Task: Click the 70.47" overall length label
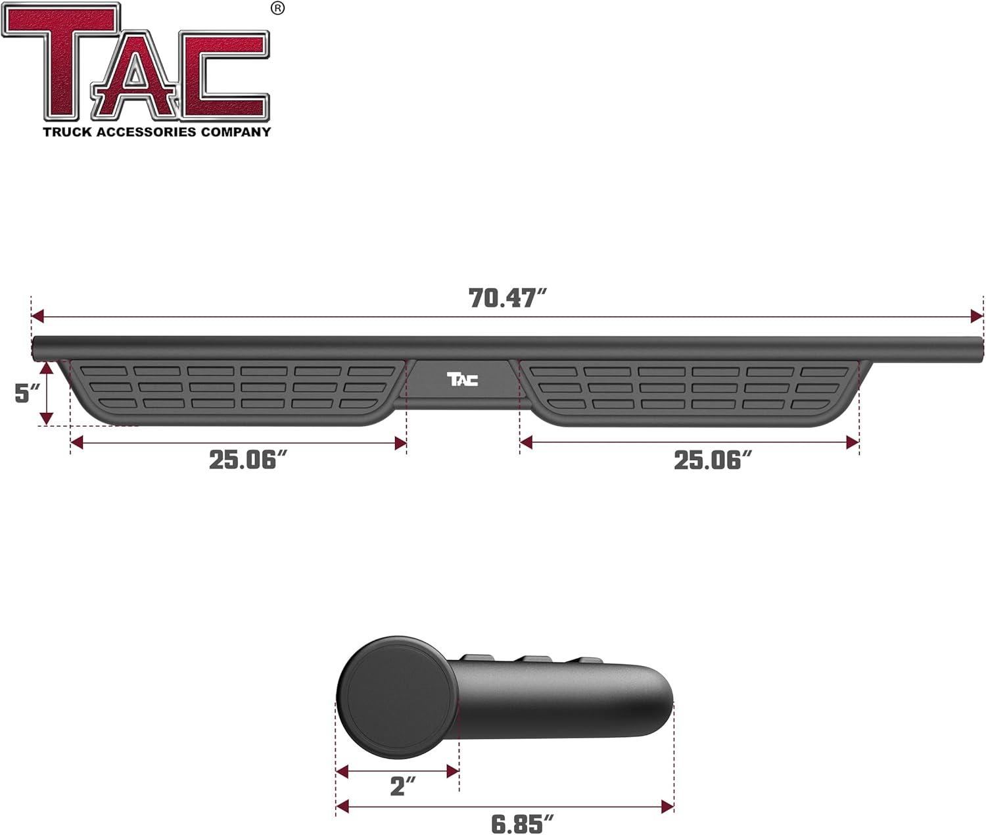click(x=507, y=298)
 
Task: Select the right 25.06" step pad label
click(x=713, y=460)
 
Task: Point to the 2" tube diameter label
click(x=403, y=786)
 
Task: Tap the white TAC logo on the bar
click(x=463, y=379)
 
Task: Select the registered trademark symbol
click(x=278, y=8)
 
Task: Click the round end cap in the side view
click(x=397, y=696)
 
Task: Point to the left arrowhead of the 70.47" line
click(x=37, y=316)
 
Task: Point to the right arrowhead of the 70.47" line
click(x=977, y=316)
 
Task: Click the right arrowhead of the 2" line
click(x=453, y=771)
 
